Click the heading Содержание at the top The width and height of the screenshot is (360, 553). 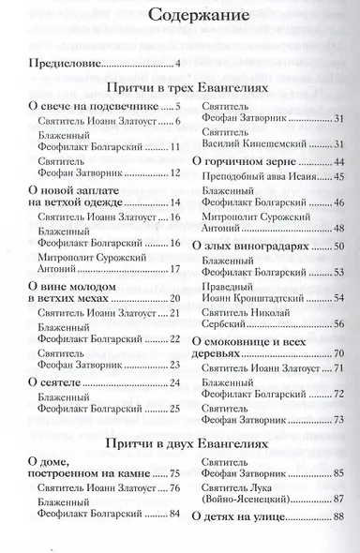tap(180, 15)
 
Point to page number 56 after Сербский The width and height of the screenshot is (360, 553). tap(340, 324)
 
